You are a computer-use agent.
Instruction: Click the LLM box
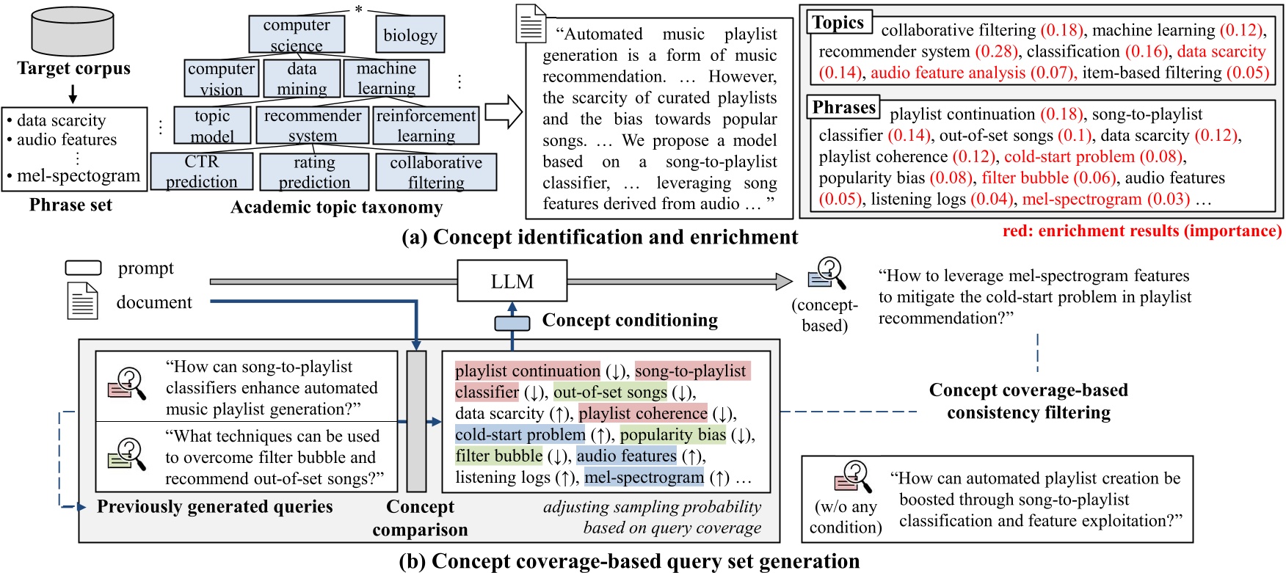(x=512, y=282)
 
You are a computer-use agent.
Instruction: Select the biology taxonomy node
(x=410, y=34)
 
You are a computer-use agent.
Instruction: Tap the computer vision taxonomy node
(x=221, y=79)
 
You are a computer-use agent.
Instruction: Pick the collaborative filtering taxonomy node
(x=436, y=172)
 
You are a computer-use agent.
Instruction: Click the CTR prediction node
(x=201, y=172)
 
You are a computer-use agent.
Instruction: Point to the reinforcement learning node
(x=426, y=125)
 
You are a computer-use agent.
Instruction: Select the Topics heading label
(x=838, y=23)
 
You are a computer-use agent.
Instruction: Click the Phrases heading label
(x=843, y=108)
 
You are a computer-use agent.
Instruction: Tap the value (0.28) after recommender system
(x=996, y=51)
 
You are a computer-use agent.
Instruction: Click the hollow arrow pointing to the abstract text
(x=504, y=112)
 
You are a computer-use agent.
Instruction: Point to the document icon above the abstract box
(x=531, y=23)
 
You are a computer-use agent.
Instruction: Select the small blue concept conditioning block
(x=512, y=323)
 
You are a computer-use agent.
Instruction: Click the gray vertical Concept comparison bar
(x=416, y=421)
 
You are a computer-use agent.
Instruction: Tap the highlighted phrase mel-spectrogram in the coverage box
(x=644, y=478)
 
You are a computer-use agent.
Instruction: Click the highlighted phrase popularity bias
(x=672, y=435)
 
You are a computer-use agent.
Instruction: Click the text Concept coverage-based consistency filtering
(x=1028, y=401)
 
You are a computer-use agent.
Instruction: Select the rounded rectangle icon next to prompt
(x=83, y=269)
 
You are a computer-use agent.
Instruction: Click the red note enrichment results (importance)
(x=1141, y=231)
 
